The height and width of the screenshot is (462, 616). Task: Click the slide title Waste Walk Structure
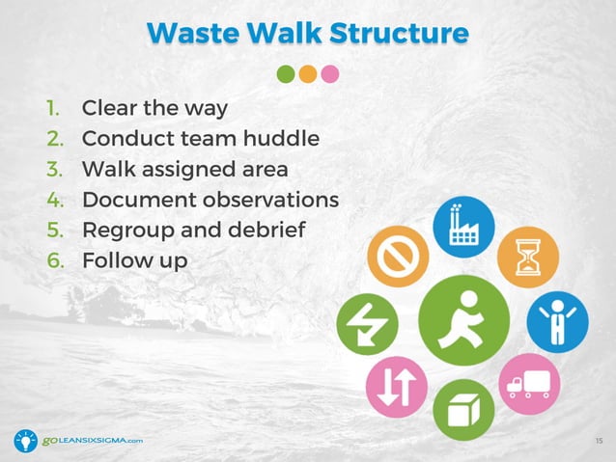(308, 32)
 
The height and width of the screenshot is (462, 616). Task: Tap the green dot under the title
(286, 74)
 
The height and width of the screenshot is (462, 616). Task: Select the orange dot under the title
(308, 74)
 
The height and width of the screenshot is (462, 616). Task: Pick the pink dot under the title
(330, 74)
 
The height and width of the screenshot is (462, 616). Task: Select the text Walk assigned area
(184, 169)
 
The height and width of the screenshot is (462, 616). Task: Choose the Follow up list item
(134, 261)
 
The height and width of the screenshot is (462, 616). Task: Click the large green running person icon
(464, 320)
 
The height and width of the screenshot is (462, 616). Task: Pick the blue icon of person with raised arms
(557, 322)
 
